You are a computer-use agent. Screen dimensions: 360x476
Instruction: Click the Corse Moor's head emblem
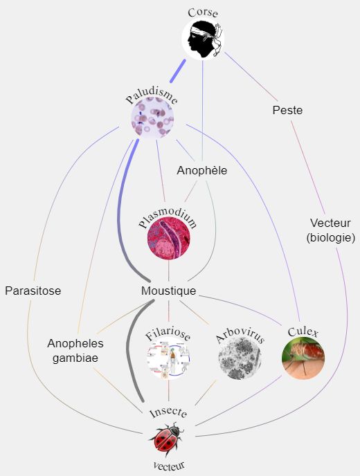click(x=203, y=39)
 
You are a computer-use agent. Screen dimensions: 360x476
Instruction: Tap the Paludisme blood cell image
click(x=152, y=117)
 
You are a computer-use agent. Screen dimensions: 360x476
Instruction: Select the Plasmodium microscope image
click(x=169, y=238)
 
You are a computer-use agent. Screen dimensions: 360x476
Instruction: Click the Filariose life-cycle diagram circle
click(x=169, y=358)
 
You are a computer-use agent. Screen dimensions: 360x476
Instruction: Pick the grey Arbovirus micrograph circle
click(x=240, y=358)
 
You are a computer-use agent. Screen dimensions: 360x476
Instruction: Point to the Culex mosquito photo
click(x=303, y=358)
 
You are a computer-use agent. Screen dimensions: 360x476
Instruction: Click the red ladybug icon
click(x=166, y=439)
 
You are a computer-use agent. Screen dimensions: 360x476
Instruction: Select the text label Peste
click(x=287, y=110)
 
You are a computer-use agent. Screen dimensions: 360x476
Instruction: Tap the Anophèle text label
click(x=202, y=170)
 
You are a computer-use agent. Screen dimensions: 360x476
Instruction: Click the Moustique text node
click(x=169, y=291)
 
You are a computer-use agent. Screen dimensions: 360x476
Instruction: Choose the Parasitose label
click(x=33, y=291)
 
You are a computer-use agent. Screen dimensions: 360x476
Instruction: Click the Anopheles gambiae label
click(x=75, y=351)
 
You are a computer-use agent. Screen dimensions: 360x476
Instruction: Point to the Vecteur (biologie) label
click(x=330, y=230)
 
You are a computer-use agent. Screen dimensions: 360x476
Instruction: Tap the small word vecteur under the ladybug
click(x=169, y=466)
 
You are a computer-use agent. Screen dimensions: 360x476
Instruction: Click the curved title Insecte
click(x=168, y=413)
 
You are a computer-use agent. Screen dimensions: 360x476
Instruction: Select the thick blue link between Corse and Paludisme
click(x=178, y=71)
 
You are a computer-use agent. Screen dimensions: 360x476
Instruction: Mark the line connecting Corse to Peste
click(x=251, y=77)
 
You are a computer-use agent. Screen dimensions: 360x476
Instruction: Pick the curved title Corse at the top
click(x=203, y=12)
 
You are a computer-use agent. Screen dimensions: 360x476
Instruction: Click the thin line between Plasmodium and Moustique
click(x=169, y=271)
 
